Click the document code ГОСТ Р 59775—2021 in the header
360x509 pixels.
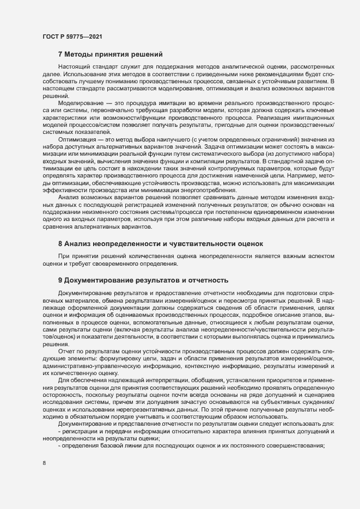click(x=72, y=37)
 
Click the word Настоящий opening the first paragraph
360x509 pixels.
click(x=75, y=66)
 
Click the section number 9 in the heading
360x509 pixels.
click(x=60, y=280)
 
